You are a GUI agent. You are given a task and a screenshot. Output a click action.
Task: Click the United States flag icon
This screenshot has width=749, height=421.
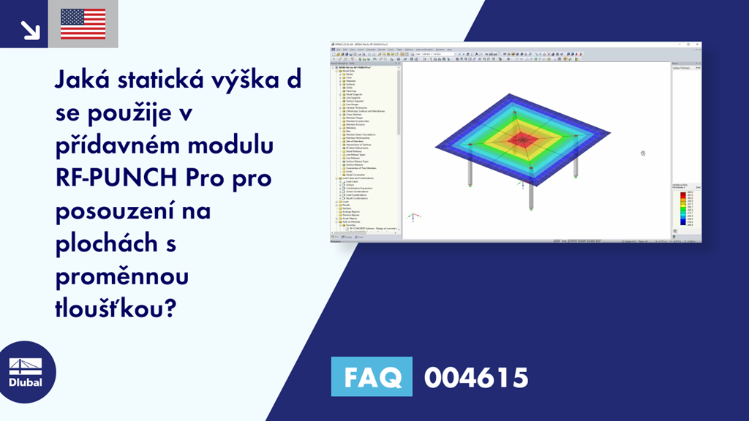tap(83, 24)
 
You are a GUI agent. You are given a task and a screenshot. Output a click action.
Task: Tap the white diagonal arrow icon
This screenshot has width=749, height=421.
tap(29, 29)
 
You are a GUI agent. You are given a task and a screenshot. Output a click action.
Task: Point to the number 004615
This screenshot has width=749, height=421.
tap(475, 377)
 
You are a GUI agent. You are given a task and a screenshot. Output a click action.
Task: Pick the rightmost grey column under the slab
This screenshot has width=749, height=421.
tap(576, 164)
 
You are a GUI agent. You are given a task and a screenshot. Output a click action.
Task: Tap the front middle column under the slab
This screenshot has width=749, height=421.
tap(529, 192)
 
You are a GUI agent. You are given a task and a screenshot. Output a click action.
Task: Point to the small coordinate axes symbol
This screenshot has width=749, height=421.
tap(413, 217)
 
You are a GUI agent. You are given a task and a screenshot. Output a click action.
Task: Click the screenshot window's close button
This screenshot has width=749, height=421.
tap(698, 45)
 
